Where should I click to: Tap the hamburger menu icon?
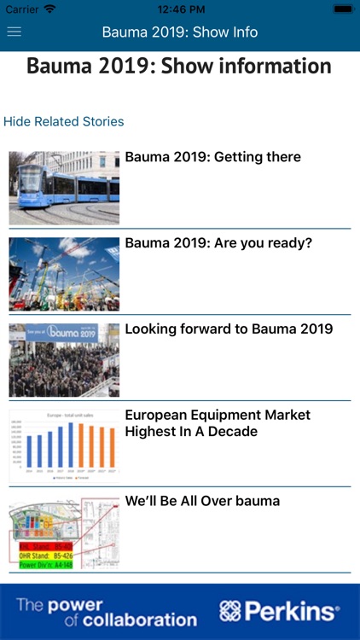click(15, 32)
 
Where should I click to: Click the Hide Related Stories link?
click(64, 121)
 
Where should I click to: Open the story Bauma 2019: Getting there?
click(212, 157)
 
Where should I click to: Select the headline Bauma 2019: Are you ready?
click(218, 243)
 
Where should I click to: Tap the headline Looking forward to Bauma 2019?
click(229, 329)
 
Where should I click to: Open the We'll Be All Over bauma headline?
click(202, 501)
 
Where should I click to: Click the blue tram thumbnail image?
click(64, 188)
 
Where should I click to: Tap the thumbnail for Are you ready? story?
click(64, 274)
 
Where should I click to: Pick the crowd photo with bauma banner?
click(64, 359)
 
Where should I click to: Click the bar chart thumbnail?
click(64, 445)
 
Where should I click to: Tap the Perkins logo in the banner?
click(279, 611)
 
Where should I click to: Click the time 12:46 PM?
click(180, 9)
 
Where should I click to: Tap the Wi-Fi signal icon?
click(50, 9)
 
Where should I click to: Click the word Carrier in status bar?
click(22, 9)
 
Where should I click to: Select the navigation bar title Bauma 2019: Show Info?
click(180, 32)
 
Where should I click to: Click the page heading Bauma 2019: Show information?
click(179, 67)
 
